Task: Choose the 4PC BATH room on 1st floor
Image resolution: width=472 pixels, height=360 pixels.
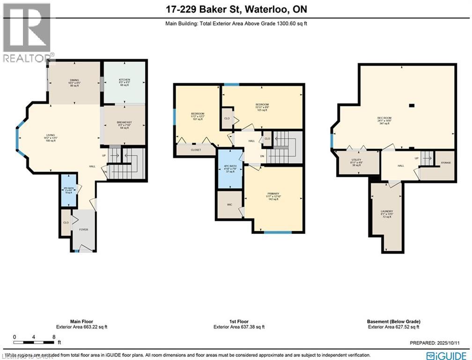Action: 229,168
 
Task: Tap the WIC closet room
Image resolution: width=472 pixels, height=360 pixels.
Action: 229,204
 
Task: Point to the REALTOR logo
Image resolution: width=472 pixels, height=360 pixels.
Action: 27,31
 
